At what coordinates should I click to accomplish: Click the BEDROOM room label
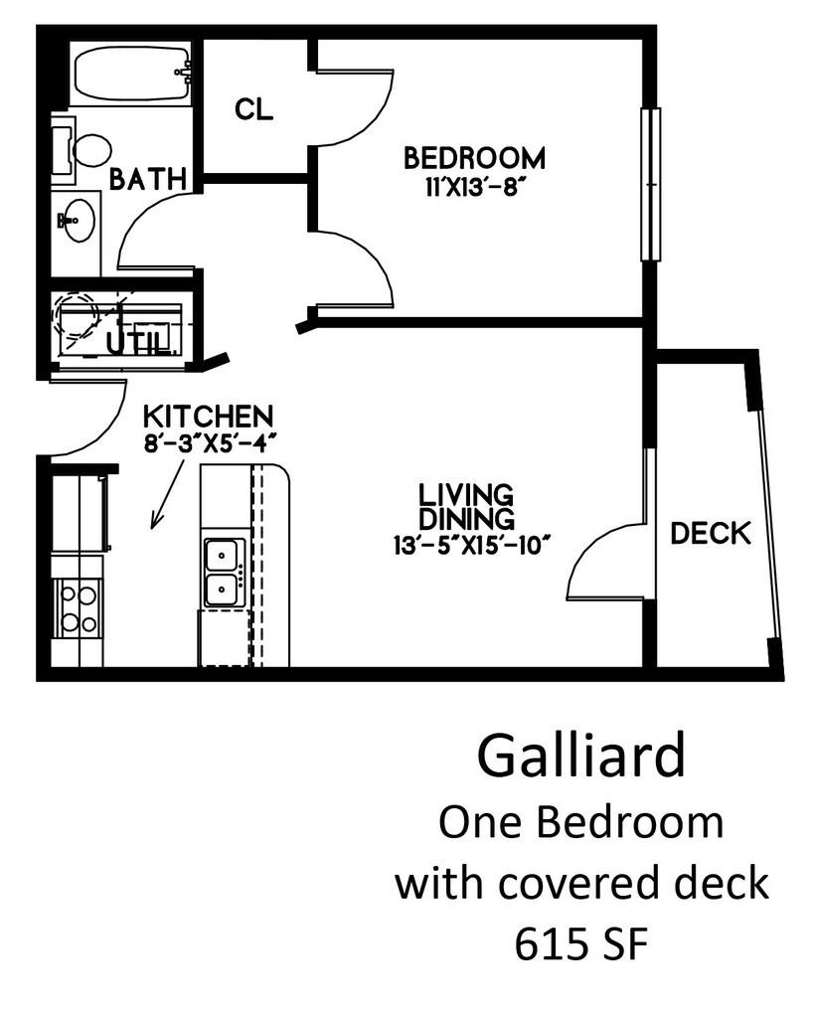tap(474, 158)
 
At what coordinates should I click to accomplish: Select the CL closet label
tap(253, 108)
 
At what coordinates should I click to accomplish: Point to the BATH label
tap(147, 179)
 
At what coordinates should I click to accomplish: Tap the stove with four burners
tap(79, 608)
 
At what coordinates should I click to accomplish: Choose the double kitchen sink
tap(222, 572)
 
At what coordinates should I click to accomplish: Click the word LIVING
tap(465, 494)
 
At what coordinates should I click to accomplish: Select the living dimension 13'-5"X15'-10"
tap(471, 544)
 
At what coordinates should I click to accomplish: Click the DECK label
tap(710, 534)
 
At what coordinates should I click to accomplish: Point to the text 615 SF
tap(581, 944)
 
